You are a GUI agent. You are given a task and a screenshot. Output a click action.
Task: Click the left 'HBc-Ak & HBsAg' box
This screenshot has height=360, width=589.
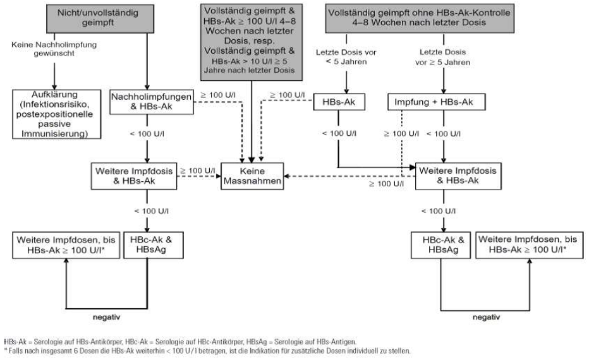coord(147,245)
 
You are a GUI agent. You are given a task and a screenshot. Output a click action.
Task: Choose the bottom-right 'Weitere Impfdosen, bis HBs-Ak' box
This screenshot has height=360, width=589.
coord(527,246)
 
